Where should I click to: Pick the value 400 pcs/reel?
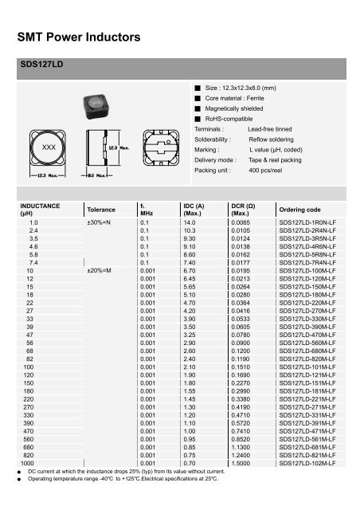tap(268, 171)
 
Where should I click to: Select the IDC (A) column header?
tap(194, 210)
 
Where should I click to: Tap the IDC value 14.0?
tap(190, 223)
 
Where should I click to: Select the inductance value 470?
tap(33, 430)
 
